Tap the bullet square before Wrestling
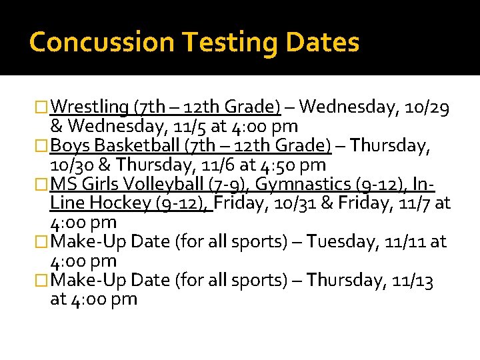click(42, 107)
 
